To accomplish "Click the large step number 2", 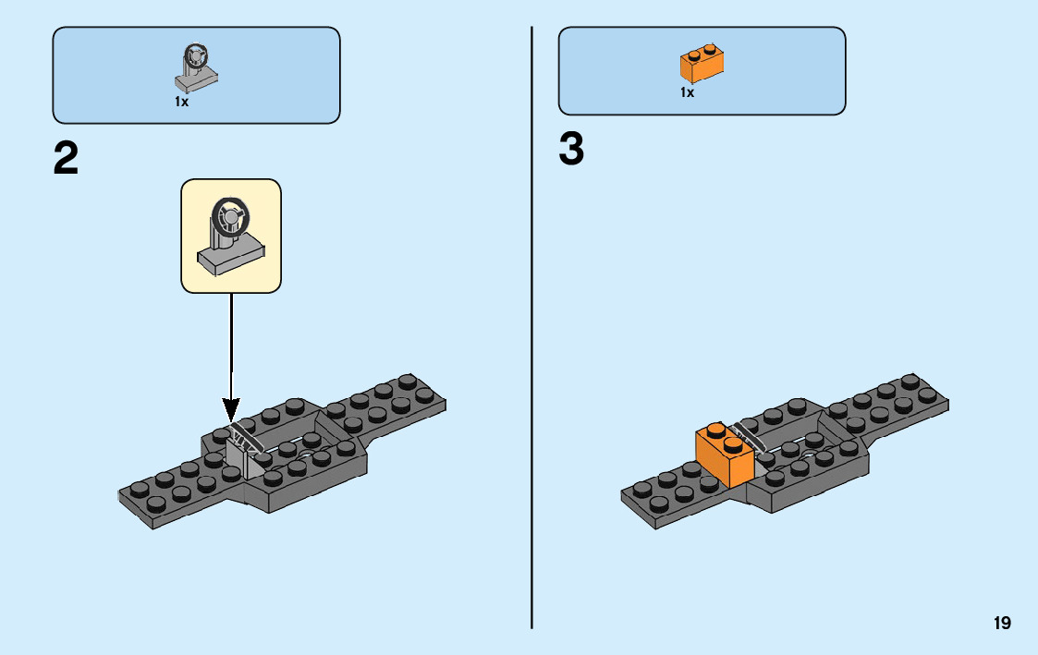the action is pyautogui.click(x=66, y=158).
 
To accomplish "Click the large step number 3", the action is pyautogui.click(x=571, y=150).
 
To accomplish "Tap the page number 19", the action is pyautogui.click(x=1002, y=624).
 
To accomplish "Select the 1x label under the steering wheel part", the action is pyautogui.click(x=181, y=103).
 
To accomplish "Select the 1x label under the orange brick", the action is pyautogui.click(x=687, y=92).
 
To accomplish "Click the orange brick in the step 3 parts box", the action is pyautogui.click(x=702, y=64).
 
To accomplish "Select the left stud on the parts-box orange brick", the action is pyautogui.click(x=692, y=55).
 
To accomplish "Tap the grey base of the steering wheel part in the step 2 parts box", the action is pyautogui.click(x=197, y=82).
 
